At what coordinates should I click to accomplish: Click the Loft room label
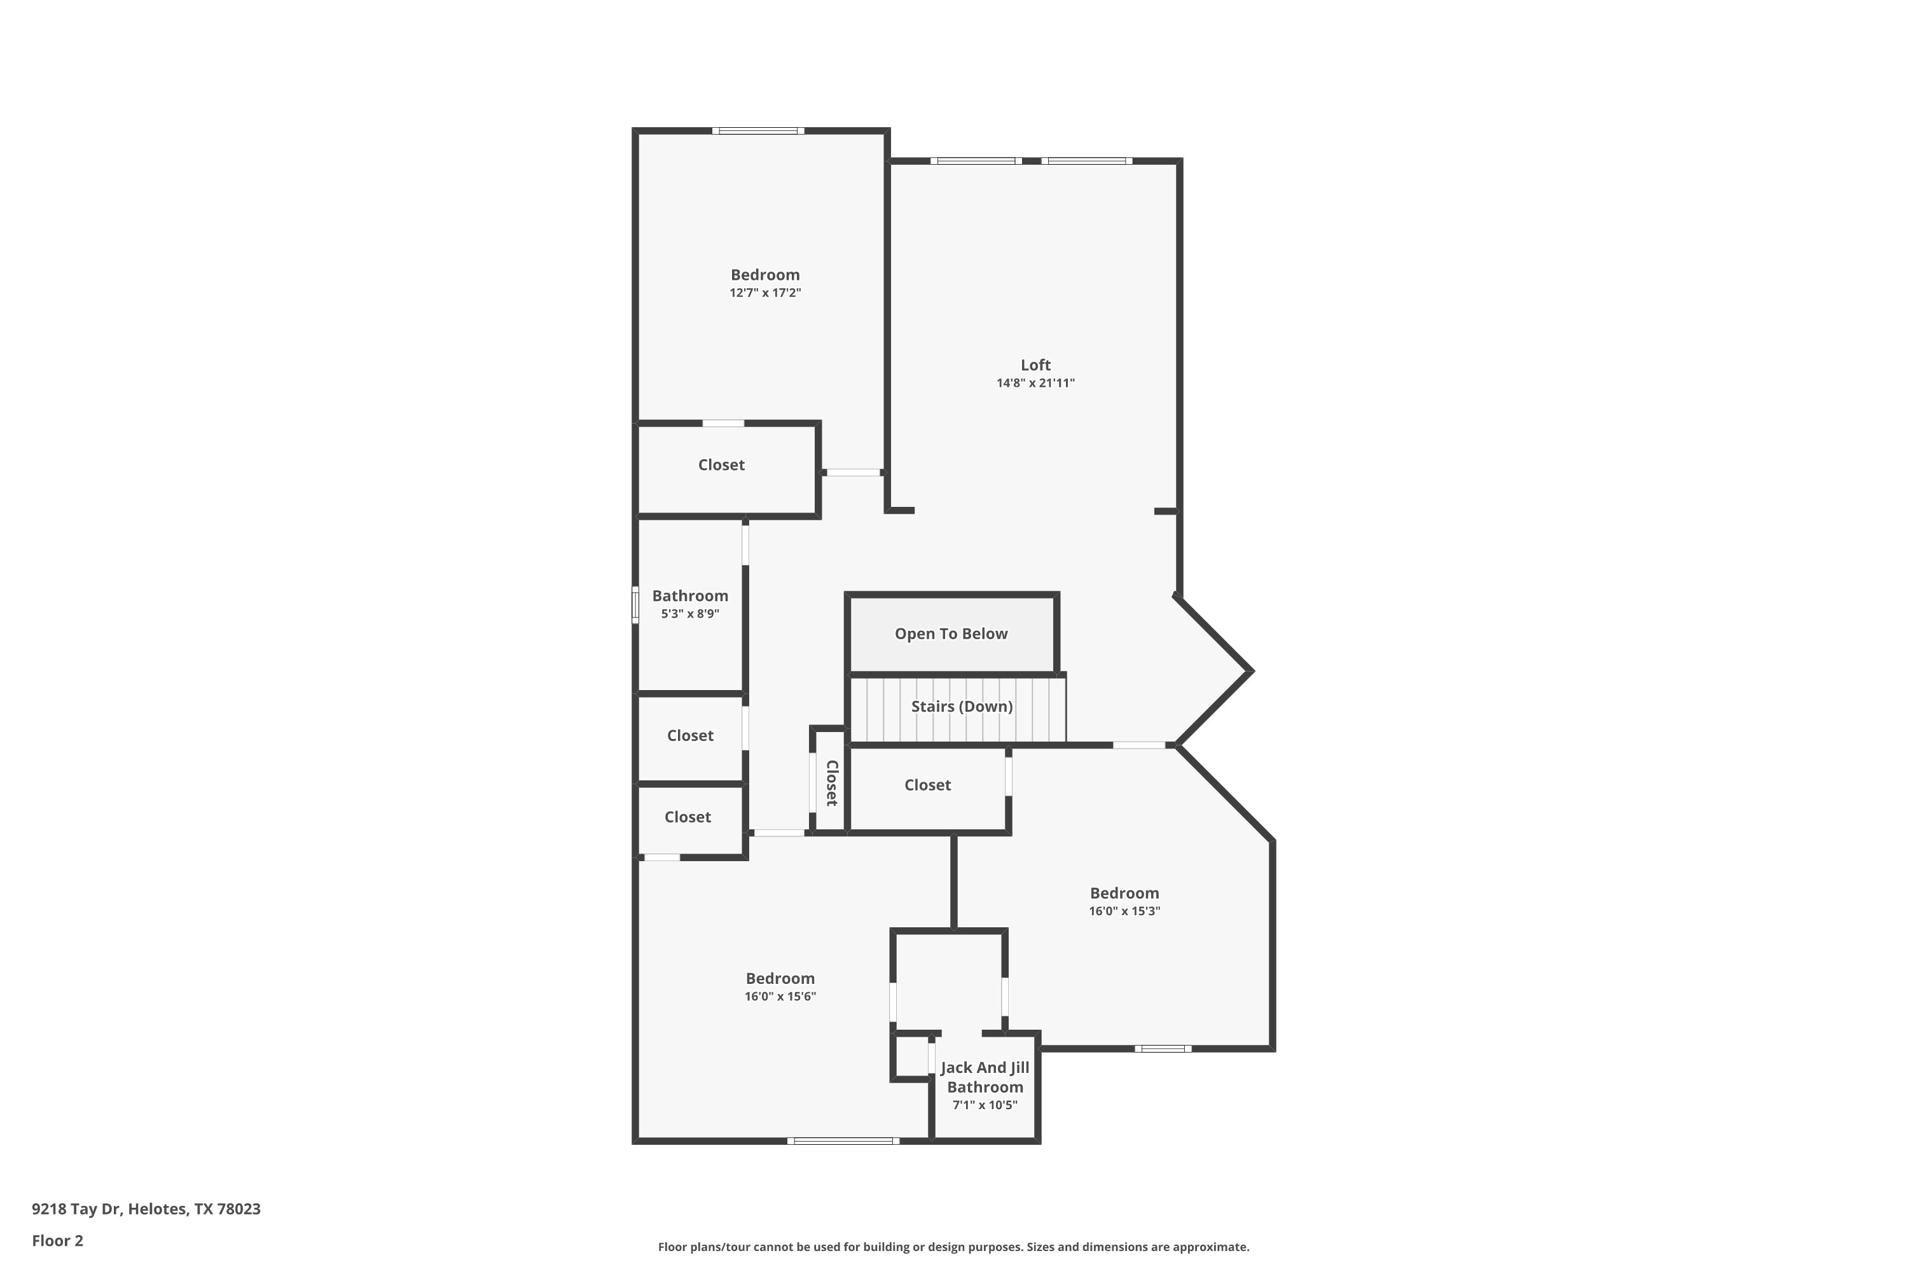(1035, 365)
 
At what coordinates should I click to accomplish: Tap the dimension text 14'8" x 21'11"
(1035, 383)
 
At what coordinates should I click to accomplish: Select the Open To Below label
(951, 633)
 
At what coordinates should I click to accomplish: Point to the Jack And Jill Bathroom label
(985, 1077)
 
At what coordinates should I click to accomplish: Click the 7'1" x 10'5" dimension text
(985, 1105)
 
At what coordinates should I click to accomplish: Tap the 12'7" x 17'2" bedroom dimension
(765, 293)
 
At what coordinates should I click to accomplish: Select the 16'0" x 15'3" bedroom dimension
(1124, 911)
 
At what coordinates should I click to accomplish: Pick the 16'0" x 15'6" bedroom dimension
(780, 996)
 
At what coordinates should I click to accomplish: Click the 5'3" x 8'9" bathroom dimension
(689, 614)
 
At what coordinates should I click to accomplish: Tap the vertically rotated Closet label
(831, 783)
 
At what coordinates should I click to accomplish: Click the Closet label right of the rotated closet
(927, 785)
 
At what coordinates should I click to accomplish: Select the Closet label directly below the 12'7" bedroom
(721, 465)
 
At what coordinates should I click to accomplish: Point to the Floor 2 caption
(58, 1240)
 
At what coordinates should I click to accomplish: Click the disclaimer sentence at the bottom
(953, 1247)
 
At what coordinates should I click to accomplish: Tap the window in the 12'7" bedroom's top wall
(759, 130)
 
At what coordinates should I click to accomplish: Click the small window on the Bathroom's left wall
(635, 605)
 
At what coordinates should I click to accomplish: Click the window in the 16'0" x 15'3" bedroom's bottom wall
(1163, 1049)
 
